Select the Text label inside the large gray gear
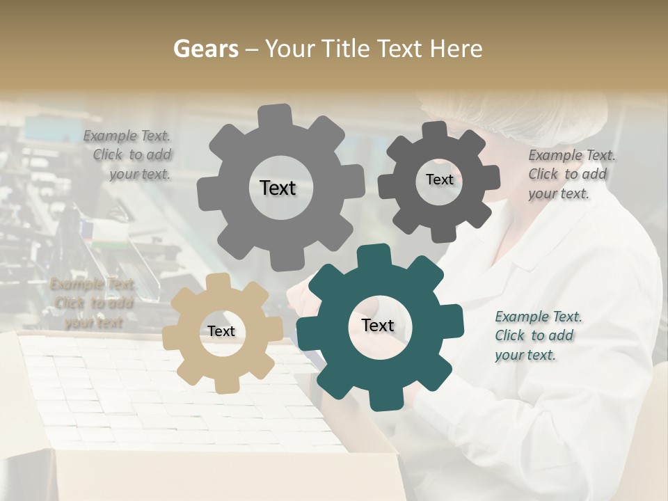pos(278,188)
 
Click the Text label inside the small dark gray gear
pos(439,180)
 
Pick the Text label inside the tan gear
pos(221,332)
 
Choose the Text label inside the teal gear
pos(378,326)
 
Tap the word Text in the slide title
pos(402,49)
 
